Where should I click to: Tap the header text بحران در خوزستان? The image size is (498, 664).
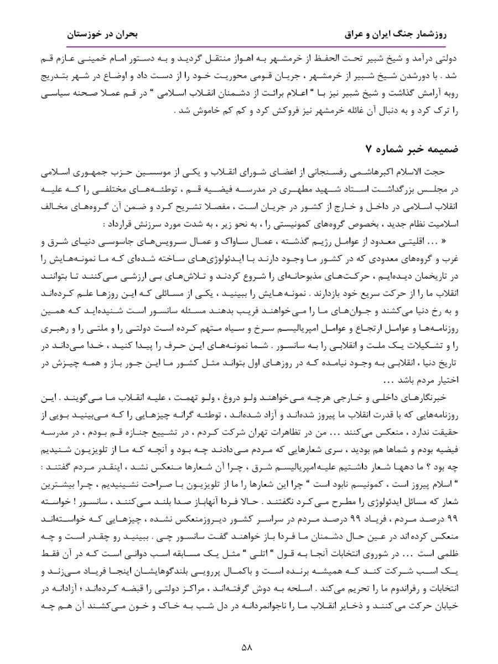102,34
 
